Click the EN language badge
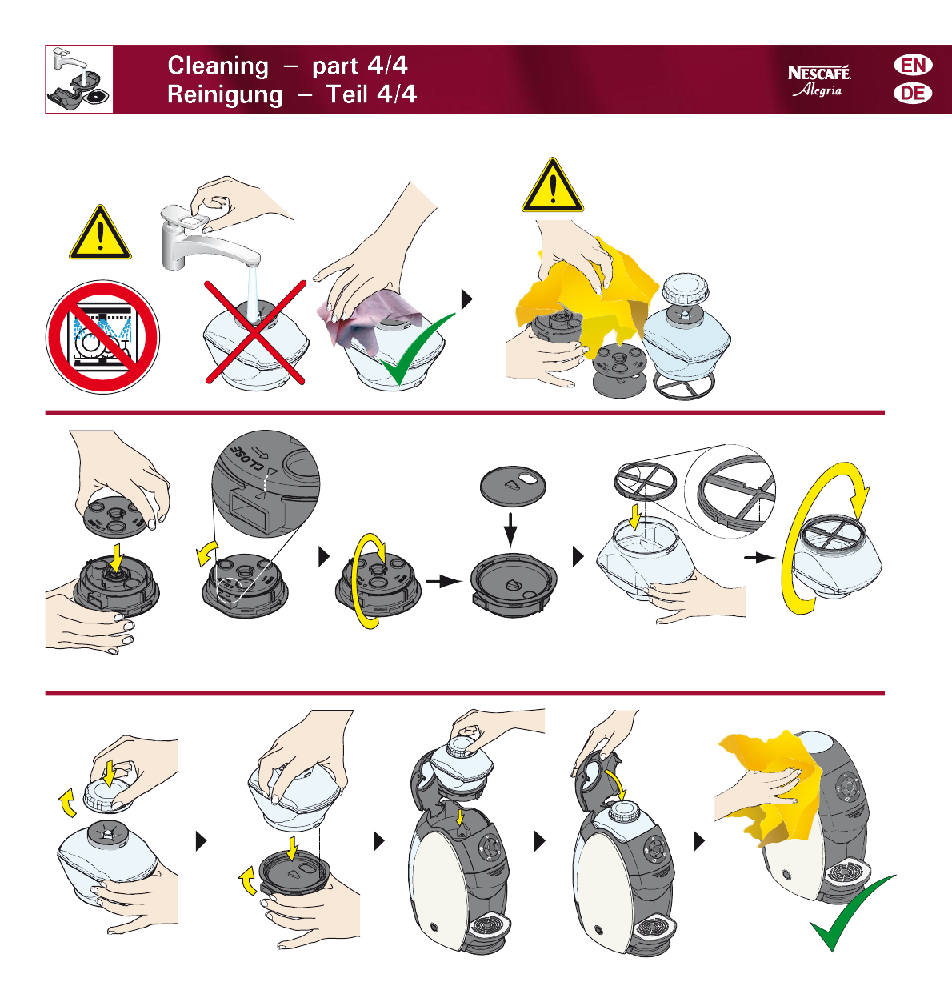(913, 66)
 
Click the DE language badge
(913, 94)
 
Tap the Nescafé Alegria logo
(819, 81)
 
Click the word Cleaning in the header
(218, 66)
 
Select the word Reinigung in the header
(225, 95)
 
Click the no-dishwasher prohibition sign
(103, 337)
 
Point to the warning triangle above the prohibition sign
(101, 233)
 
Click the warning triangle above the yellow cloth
(553, 186)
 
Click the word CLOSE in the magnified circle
(247, 458)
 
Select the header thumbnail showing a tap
(79, 79)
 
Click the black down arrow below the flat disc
(510, 530)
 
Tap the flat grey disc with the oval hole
(513, 486)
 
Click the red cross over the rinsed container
(254, 332)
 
